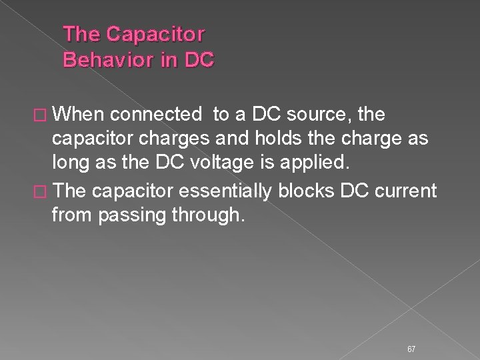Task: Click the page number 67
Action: (411, 331)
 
